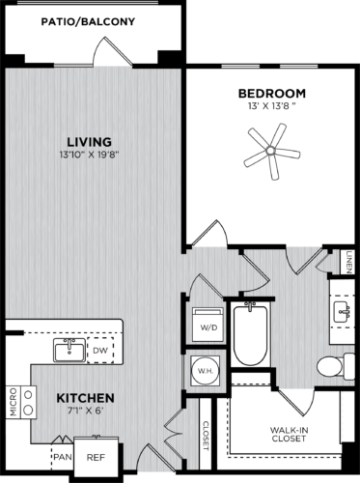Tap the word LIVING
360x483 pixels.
pyautogui.click(x=89, y=140)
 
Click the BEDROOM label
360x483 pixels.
pyautogui.click(x=272, y=93)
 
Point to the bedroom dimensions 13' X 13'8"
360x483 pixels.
pyautogui.click(x=272, y=106)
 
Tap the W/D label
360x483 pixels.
pyautogui.click(x=208, y=327)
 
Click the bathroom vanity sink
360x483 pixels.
pyautogui.click(x=342, y=310)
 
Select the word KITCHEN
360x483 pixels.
pyautogui.click(x=85, y=398)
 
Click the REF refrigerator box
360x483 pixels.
pyautogui.click(x=96, y=459)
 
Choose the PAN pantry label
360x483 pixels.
pyautogui.click(x=64, y=456)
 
